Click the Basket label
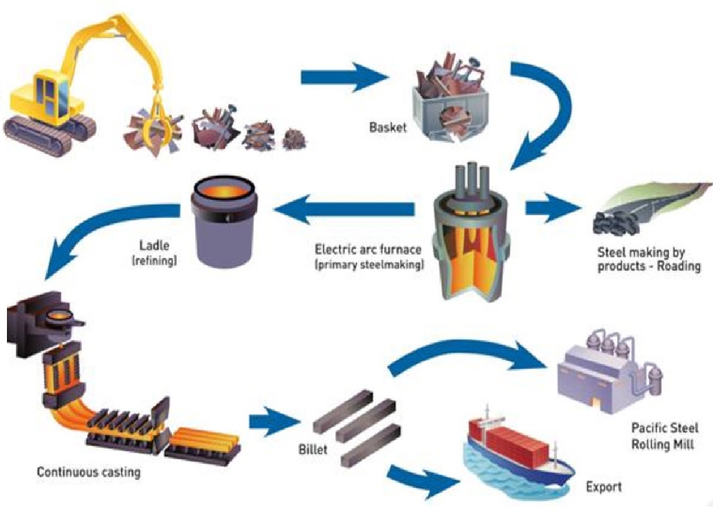click(388, 127)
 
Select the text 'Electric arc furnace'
click(368, 249)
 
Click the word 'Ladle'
click(154, 246)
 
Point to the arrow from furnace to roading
click(553, 208)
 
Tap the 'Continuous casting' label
click(89, 472)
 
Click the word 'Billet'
click(313, 450)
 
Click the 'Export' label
click(604, 487)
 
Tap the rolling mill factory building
click(610, 371)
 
